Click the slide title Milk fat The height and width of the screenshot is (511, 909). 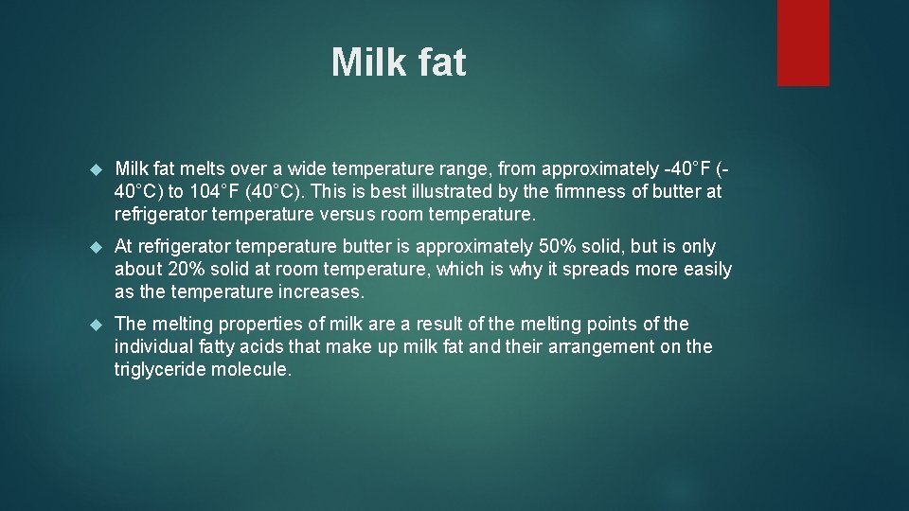(x=399, y=63)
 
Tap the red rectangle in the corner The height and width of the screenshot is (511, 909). (x=803, y=42)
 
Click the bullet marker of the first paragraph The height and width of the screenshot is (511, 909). (x=94, y=169)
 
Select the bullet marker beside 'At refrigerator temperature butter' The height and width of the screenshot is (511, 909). (x=94, y=247)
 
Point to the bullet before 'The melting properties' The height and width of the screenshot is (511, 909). (x=94, y=325)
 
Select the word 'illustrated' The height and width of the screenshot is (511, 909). (x=420, y=192)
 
